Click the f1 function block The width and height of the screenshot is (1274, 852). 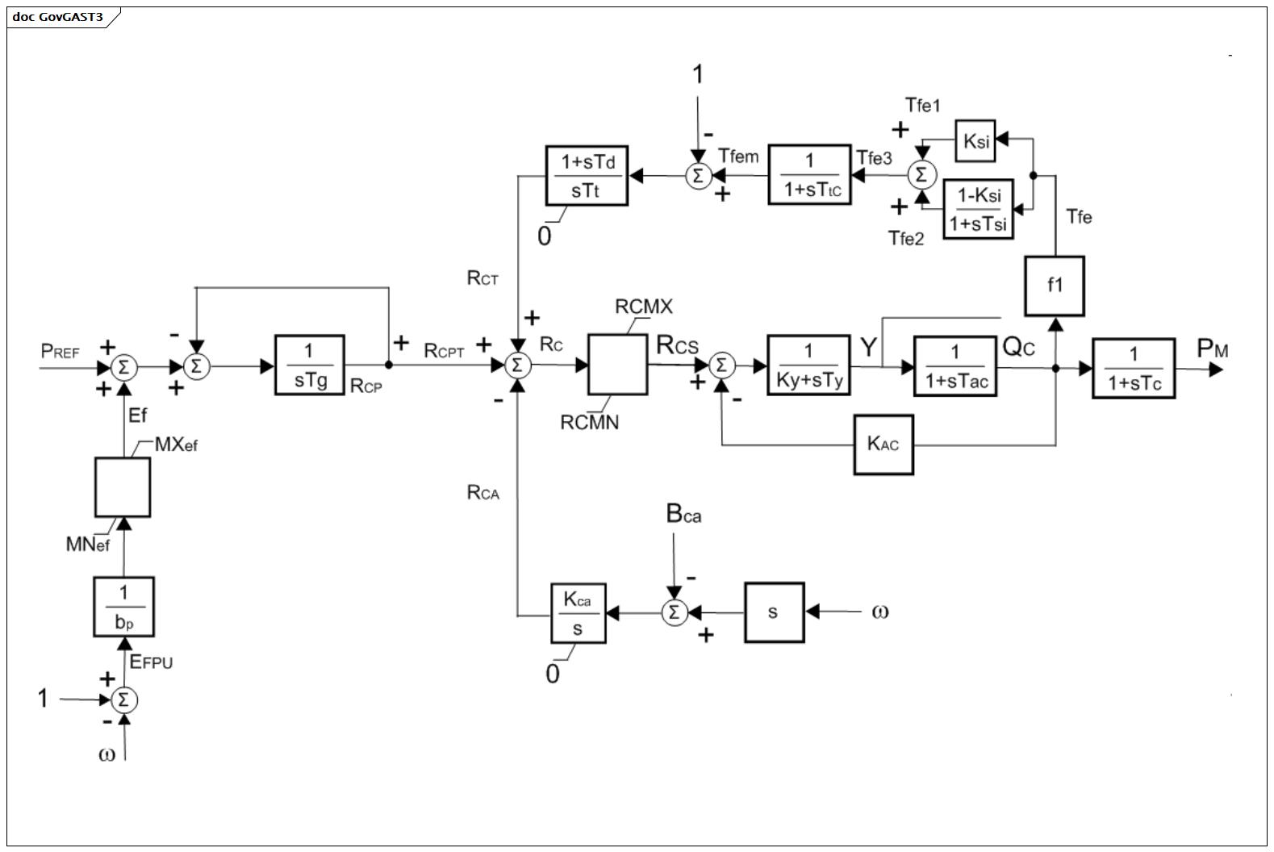click(1055, 286)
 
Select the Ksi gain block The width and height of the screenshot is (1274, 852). click(975, 140)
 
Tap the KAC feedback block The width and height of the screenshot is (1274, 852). click(883, 445)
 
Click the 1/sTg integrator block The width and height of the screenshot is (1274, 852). click(309, 365)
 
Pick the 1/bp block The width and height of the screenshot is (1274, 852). click(124, 607)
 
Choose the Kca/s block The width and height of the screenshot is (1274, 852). click(579, 613)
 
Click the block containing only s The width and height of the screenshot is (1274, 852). click(775, 612)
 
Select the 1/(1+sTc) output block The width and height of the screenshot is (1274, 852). click(1134, 368)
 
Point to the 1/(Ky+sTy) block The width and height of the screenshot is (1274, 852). click(808, 365)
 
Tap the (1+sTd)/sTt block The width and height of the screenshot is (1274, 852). click(587, 175)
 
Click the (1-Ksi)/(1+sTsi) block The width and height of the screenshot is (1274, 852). click(978, 209)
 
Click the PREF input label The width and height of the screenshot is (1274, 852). click(60, 352)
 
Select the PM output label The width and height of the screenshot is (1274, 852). click(1213, 348)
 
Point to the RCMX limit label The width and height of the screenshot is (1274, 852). click(643, 307)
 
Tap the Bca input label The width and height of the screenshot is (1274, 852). click(683, 514)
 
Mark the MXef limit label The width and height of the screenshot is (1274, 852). click(176, 445)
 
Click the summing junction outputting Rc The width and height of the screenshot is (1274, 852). click(517, 365)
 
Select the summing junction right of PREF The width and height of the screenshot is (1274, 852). click(123, 367)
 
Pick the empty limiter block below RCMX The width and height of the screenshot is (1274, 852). click(618, 365)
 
